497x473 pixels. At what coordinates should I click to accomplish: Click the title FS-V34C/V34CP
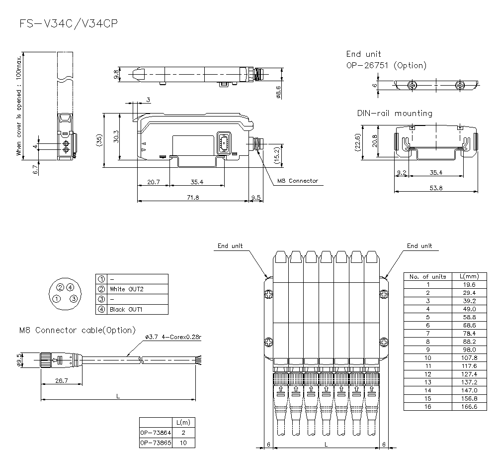(69, 23)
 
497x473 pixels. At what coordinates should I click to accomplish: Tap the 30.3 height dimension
(116, 137)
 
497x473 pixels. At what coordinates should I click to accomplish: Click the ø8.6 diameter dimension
(279, 92)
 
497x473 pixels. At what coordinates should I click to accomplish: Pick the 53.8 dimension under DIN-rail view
(436, 188)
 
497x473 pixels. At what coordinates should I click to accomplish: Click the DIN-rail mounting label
(395, 114)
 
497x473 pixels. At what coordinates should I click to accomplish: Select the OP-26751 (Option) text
(386, 65)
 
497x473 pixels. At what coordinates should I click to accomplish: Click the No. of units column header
(427, 276)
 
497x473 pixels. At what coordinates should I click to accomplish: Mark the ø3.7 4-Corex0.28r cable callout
(173, 338)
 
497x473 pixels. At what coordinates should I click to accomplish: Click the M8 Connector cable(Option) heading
(77, 330)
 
